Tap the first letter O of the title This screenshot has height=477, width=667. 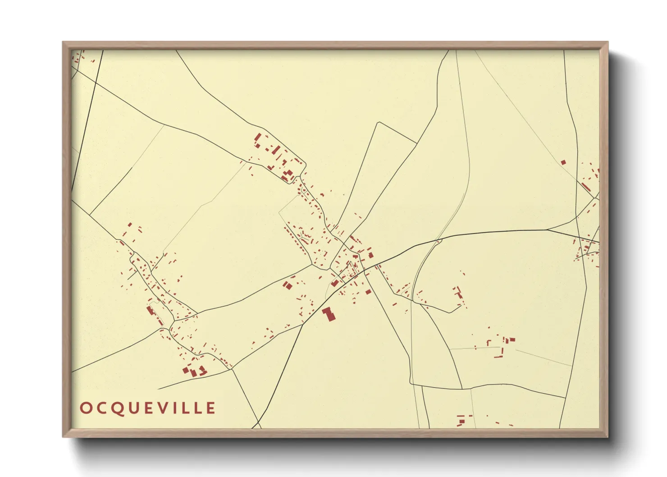[85, 408]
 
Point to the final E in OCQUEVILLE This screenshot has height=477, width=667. [210, 408]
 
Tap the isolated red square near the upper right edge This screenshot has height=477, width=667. [563, 162]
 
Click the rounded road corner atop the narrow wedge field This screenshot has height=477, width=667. [379, 123]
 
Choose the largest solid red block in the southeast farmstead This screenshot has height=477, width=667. [512, 340]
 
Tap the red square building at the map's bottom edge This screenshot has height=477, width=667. [461, 422]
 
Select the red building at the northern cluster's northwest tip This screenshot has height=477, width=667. [257, 137]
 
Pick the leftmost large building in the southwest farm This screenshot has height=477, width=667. [186, 370]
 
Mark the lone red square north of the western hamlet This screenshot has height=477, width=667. [130, 225]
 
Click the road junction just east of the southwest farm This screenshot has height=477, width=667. [232, 369]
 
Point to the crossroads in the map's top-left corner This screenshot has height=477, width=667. [96, 83]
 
